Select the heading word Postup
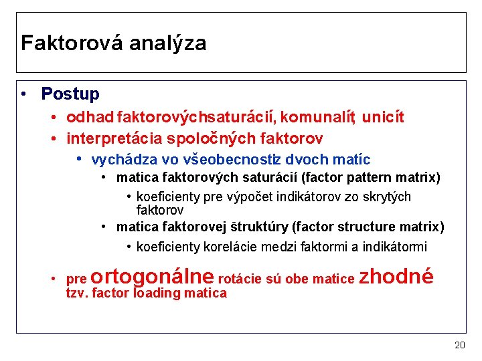[70, 94]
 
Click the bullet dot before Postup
[23, 94]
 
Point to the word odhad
[90, 118]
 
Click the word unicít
[383, 118]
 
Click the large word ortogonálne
[151, 276]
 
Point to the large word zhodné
[396, 276]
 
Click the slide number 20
[459, 345]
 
